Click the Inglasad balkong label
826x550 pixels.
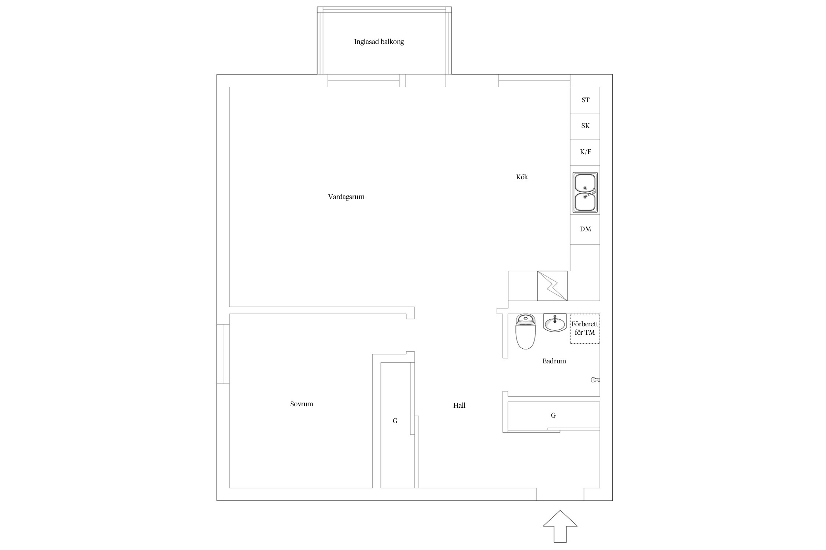[379, 42]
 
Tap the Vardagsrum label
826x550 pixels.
[346, 197]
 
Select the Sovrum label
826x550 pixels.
[301, 404]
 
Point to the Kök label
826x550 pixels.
[522, 177]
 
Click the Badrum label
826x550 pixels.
[554, 361]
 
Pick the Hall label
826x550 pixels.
[459, 406]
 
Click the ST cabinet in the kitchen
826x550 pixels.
[585, 100]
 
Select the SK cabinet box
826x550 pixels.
[585, 126]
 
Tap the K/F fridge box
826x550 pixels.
[585, 152]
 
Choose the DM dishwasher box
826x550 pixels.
[585, 230]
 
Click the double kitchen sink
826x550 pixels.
[585, 192]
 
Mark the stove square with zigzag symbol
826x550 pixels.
[552, 286]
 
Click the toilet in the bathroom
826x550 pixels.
[526, 332]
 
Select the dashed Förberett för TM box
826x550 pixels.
[585, 329]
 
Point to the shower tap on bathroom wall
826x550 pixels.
[595, 380]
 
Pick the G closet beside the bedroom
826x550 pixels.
[395, 425]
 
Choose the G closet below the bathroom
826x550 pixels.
[554, 415]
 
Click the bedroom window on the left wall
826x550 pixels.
[223, 354]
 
